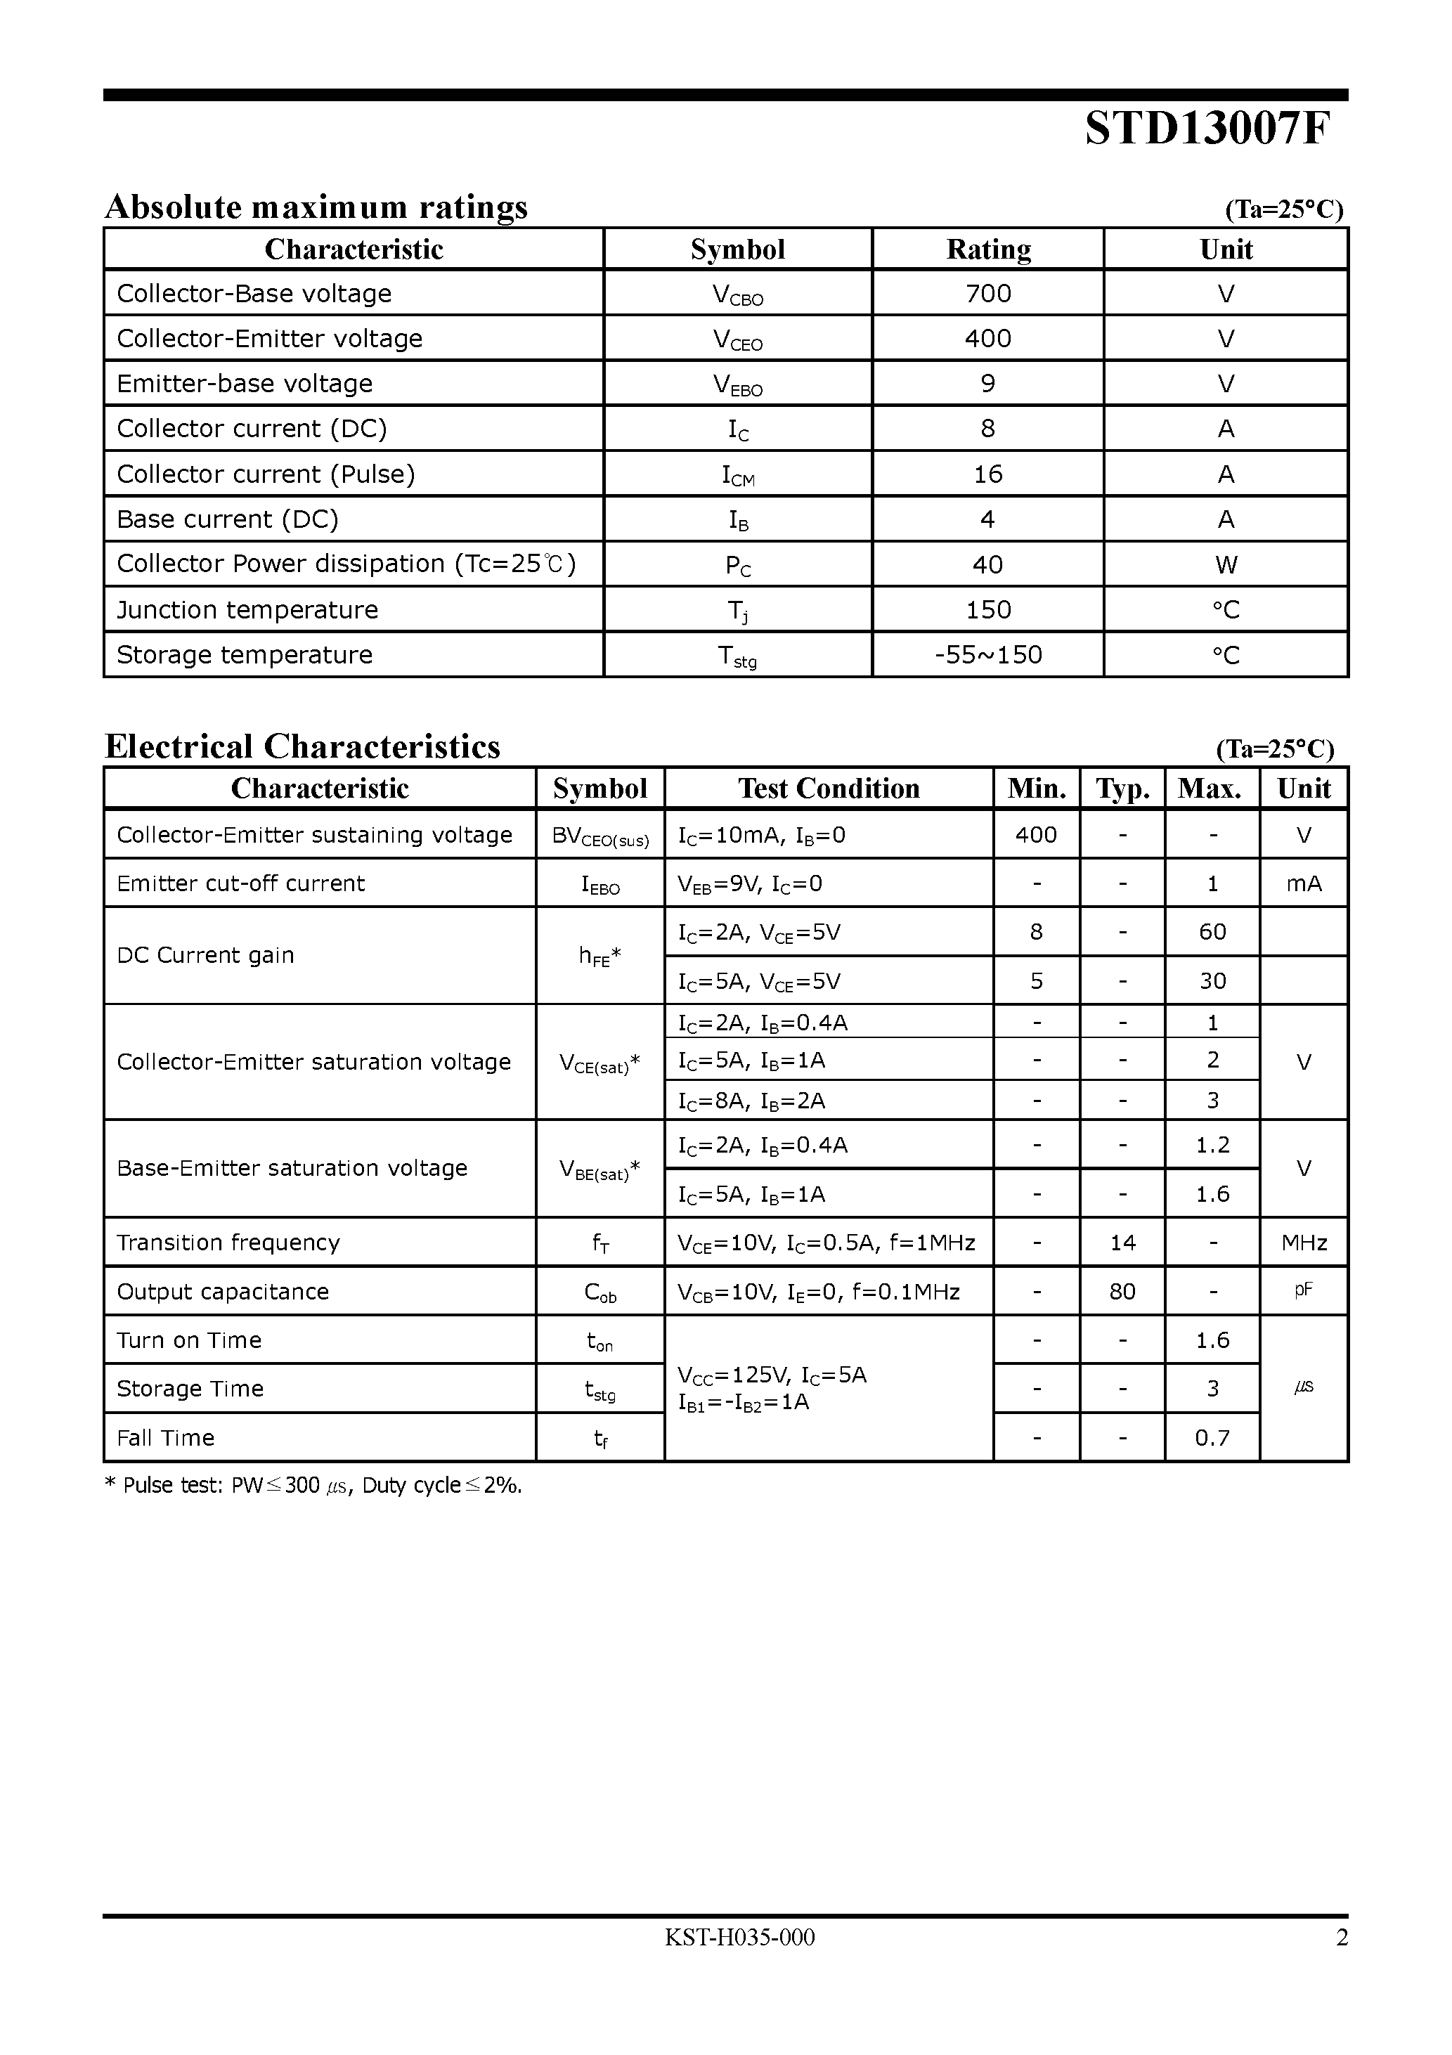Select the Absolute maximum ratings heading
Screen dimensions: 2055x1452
pos(316,207)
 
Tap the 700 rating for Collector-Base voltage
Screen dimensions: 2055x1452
pos(987,294)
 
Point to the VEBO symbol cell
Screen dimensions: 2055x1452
pos(738,385)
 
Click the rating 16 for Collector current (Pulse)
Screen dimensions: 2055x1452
pos(987,474)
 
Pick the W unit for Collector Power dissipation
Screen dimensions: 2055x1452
pos(1226,565)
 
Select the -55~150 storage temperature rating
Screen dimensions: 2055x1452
pos(987,655)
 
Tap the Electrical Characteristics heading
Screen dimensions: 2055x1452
pos(303,746)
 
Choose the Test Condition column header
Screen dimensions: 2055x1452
pos(828,789)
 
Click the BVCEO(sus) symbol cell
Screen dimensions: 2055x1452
pos(599,836)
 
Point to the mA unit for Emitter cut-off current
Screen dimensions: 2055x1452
pos(1304,884)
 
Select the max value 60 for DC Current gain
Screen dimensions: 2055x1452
pos(1212,932)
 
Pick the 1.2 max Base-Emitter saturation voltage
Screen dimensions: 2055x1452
pos(1212,1145)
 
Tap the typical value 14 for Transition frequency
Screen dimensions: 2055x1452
pos(1122,1243)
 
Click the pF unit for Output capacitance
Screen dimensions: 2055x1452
pos(1304,1290)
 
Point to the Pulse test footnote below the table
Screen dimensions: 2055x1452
pos(313,1486)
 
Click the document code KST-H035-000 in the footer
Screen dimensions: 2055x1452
pos(739,1938)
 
